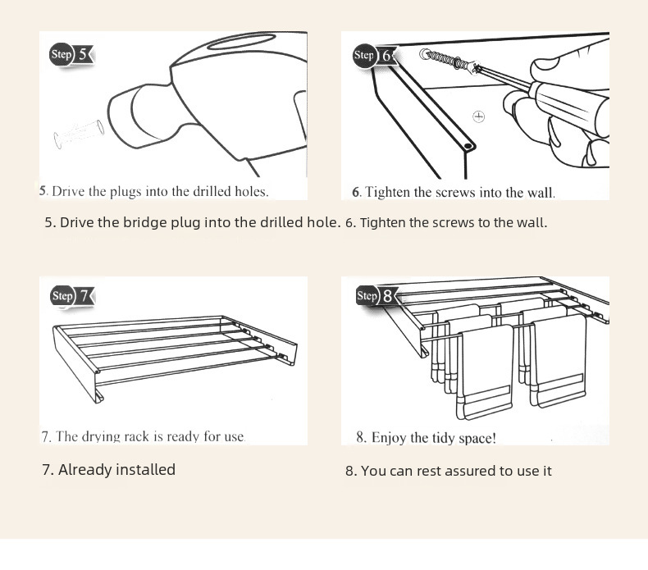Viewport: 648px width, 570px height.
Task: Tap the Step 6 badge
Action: coord(374,55)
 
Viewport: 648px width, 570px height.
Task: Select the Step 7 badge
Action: coord(71,295)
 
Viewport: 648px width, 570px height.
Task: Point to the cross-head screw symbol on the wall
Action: coord(479,116)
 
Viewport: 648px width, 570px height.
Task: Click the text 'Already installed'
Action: coord(108,470)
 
